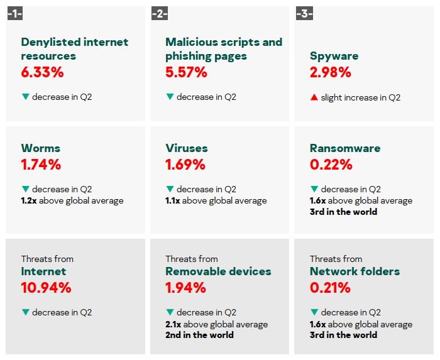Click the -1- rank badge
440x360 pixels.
click(15, 13)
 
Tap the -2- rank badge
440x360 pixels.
click(160, 13)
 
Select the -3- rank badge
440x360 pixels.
click(304, 13)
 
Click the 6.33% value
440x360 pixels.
click(43, 72)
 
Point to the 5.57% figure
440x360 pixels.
click(187, 72)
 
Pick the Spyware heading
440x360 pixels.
click(334, 56)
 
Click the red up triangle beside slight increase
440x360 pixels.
click(314, 97)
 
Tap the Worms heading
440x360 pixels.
click(41, 148)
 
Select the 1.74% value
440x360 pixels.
click(41, 165)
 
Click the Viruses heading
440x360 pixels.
click(187, 148)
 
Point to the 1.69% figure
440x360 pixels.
click(185, 165)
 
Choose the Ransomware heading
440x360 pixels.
click(345, 148)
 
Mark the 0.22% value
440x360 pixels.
click(331, 165)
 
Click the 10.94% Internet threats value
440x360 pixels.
click(47, 288)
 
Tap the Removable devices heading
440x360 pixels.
click(218, 271)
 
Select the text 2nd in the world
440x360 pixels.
click(199, 335)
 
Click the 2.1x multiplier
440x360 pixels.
click(173, 324)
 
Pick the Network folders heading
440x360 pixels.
click(355, 271)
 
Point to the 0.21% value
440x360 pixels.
click(331, 288)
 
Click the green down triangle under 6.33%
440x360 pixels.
click(25, 97)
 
